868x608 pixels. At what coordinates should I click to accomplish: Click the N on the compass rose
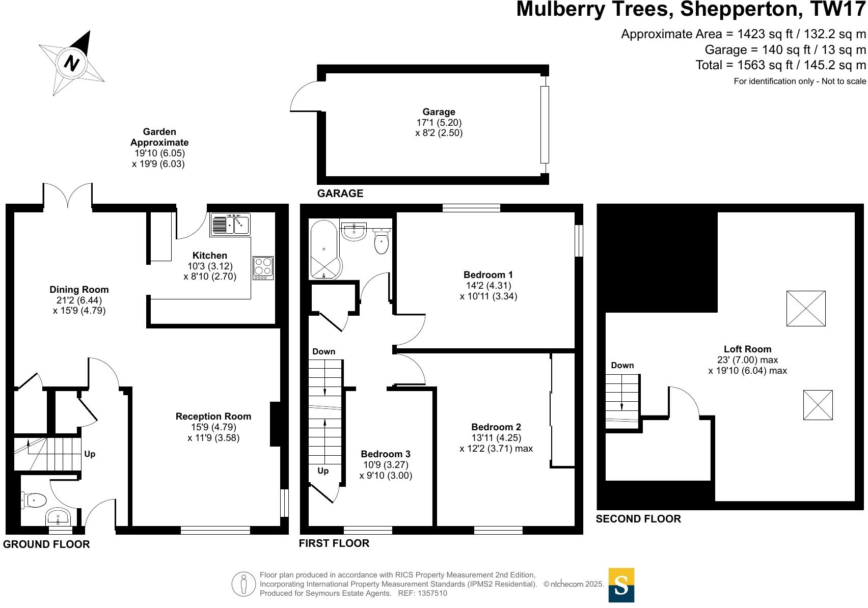pos(72,64)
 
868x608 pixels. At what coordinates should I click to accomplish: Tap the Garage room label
pos(439,112)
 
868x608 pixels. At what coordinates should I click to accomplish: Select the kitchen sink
pos(230,224)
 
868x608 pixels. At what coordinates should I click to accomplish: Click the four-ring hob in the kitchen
pos(263,267)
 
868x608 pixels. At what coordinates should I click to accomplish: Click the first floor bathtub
pos(324,250)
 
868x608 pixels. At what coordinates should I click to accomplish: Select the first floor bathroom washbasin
pos(354,232)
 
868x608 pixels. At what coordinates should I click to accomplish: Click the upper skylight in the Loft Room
pos(805,309)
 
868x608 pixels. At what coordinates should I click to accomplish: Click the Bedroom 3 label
pos(385,454)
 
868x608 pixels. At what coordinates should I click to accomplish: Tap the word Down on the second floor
pos(622,366)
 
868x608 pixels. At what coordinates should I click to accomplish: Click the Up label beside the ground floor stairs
pos(90,454)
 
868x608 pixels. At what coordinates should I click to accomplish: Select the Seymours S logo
pos(621,585)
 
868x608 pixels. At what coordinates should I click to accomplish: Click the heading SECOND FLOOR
pos(638,519)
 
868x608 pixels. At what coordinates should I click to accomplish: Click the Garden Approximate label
pos(159,137)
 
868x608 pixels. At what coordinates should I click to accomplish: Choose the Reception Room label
pos(213,417)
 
